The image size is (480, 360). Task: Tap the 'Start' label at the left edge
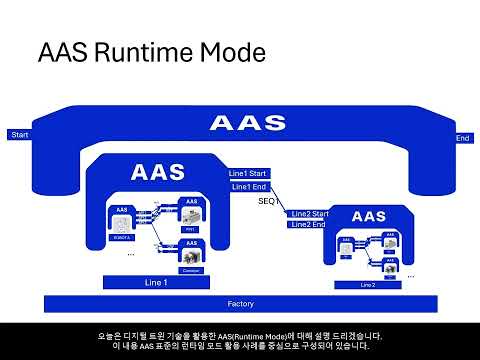point(18,135)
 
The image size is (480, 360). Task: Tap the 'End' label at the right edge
point(462,138)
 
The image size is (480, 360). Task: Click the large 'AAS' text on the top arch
point(240,124)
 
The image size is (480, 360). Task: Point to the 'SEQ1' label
point(267,201)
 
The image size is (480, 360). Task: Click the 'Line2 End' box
point(309,224)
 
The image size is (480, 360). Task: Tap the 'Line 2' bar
point(369,284)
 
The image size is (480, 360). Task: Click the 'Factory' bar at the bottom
point(240,303)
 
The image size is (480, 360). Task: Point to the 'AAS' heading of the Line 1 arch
point(158,172)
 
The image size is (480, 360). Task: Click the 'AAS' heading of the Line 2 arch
point(369,217)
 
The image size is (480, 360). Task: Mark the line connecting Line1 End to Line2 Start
point(282,200)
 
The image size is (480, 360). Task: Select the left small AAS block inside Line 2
point(345,250)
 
